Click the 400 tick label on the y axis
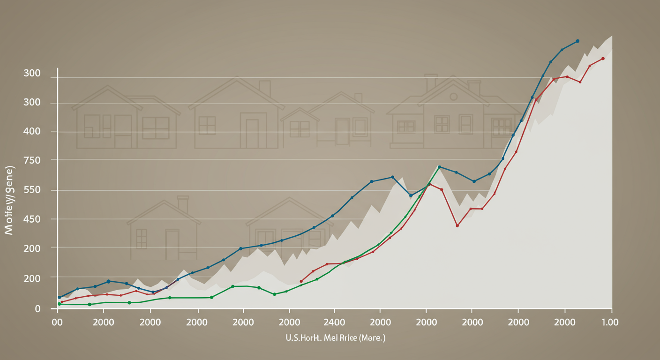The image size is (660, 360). tap(32, 131)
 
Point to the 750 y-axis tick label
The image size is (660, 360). tap(32, 160)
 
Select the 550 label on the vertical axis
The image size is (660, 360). tap(32, 190)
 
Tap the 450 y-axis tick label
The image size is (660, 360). tap(32, 219)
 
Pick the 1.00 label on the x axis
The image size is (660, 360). tap(610, 322)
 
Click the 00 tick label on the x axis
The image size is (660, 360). tap(57, 322)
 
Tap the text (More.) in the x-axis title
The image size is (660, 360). tap(372, 337)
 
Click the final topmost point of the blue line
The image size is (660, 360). tap(577, 41)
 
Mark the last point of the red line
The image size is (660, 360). tap(603, 59)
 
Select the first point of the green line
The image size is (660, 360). tap(59, 304)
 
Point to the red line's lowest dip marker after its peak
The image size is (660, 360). tap(457, 225)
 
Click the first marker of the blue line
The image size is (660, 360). tap(59, 297)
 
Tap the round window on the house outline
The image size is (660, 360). tap(453, 97)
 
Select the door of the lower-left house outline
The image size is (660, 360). tap(172, 244)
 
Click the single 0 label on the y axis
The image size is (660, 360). tap(37, 308)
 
